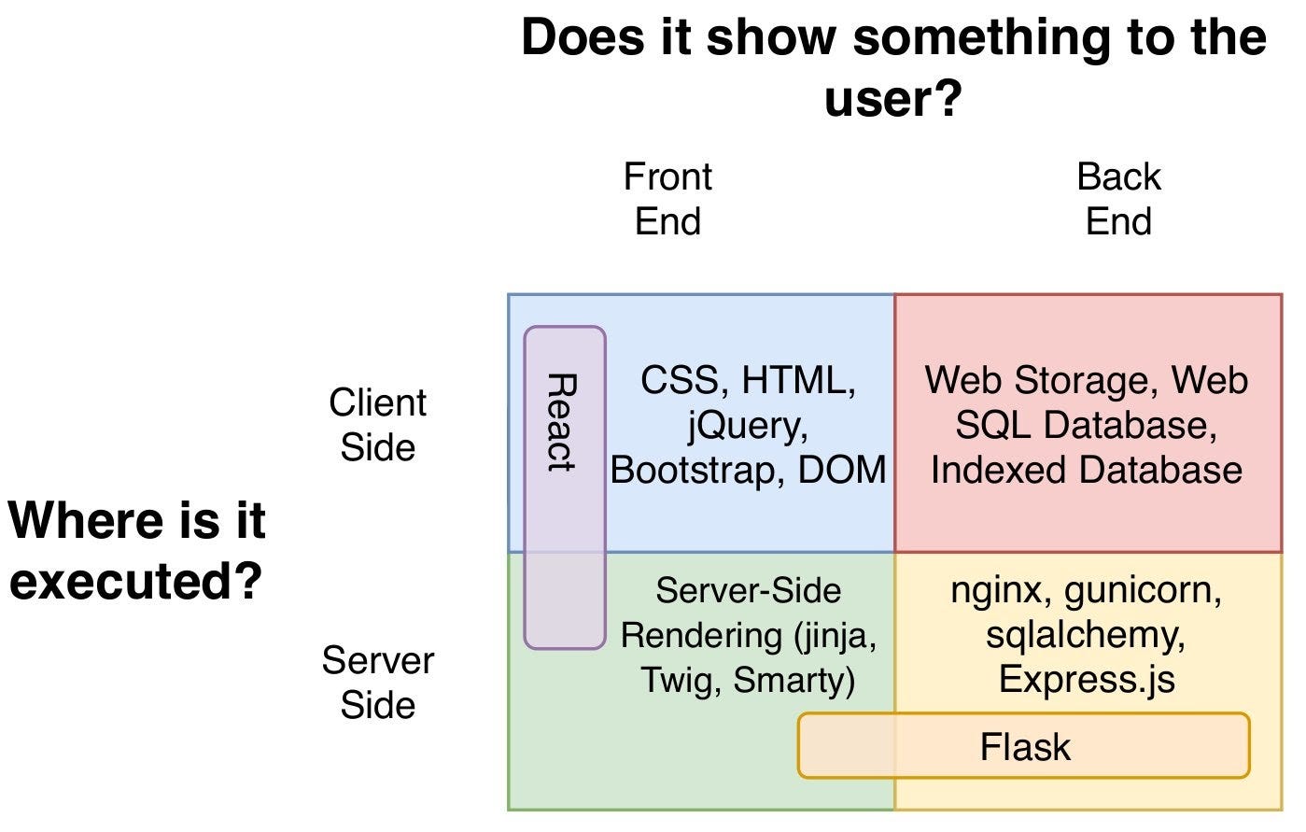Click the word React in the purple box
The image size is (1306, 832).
(x=562, y=422)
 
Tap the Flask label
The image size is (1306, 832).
(x=1026, y=747)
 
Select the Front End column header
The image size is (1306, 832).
(x=667, y=199)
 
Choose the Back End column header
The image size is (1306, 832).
(x=1119, y=199)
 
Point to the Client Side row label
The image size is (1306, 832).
(x=378, y=425)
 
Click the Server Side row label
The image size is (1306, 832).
(x=378, y=683)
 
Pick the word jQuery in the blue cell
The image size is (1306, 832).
(x=748, y=426)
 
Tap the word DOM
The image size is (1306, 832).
(x=842, y=470)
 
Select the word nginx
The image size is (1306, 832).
(x=996, y=591)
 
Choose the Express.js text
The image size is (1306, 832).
(x=1087, y=681)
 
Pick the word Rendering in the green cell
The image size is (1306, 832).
(x=701, y=636)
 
